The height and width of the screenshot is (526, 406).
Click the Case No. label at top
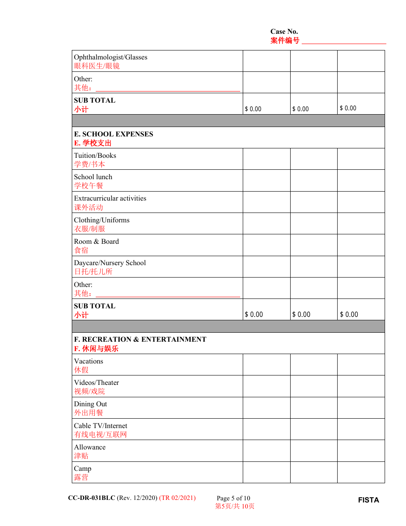coord(284,32)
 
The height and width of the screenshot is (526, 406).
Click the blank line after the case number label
coord(344,42)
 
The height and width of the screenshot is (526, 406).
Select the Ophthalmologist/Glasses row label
coord(110,57)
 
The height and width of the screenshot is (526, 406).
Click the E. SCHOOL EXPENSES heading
coord(113,134)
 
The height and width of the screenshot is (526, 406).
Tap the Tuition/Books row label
coord(95,156)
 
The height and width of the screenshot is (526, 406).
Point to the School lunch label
coord(93,177)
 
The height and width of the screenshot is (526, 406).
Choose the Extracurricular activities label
coord(110,198)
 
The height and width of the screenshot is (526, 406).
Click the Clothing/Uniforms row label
coord(102,220)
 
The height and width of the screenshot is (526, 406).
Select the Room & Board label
coord(96,242)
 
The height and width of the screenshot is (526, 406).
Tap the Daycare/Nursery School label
coord(110,263)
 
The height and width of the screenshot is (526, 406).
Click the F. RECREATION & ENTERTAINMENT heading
coord(140,340)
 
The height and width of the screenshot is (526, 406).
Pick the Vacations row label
coord(88,361)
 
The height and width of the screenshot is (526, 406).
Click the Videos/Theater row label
coord(96,383)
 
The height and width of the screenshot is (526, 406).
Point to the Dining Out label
coord(90,404)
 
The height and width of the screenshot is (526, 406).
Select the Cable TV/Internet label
coord(100,426)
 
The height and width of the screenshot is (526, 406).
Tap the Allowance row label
coord(90,447)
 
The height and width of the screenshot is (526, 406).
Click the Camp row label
coord(82,469)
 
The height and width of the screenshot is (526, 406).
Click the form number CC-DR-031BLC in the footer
coord(91,498)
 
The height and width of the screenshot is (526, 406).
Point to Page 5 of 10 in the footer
coord(233,498)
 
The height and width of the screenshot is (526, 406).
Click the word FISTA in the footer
coord(368,500)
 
